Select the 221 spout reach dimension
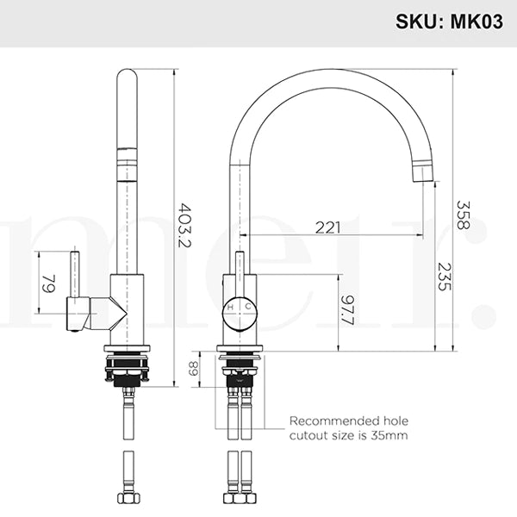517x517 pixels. [x=327, y=227]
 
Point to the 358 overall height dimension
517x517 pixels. [x=463, y=215]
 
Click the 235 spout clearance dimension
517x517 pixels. [x=443, y=276]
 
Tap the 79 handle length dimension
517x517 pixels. [x=49, y=283]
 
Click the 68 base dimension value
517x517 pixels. [x=194, y=369]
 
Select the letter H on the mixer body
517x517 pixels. [x=229, y=306]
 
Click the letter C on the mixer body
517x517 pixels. [x=249, y=306]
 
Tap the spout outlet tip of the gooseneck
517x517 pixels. [x=422, y=172]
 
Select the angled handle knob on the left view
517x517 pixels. [x=79, y=315]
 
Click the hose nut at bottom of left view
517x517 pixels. [x=128, y=499]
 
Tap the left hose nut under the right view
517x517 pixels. [x=230, y=499]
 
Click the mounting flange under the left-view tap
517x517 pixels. [x=128, y=348]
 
